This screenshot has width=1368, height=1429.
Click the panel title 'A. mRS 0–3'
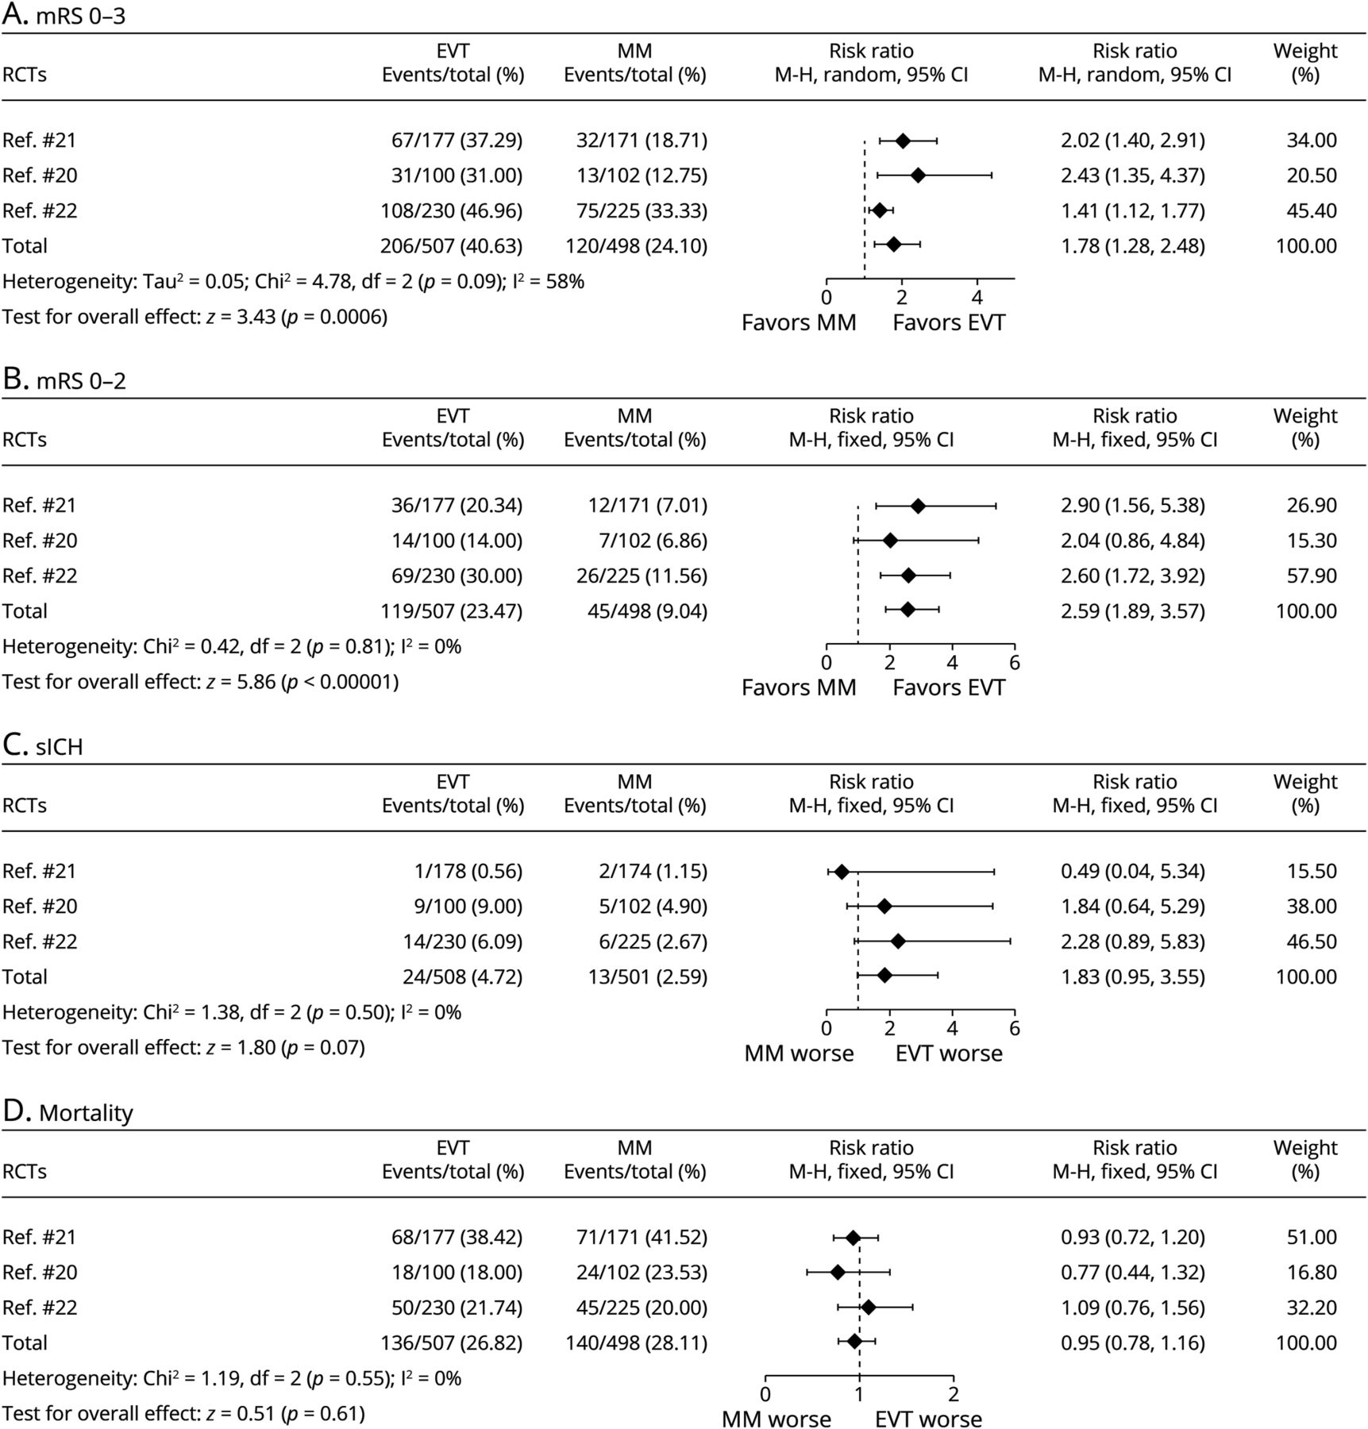(x=64, y=15)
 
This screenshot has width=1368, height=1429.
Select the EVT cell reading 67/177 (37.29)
(x=457, y=141)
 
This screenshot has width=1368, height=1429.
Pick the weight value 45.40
(x=1312, y=210)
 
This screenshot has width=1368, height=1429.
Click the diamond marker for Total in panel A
(x=893, y=245)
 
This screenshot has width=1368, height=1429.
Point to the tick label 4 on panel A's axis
(x=977, y=298)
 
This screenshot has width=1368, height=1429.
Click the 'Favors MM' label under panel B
(x=799, y=688)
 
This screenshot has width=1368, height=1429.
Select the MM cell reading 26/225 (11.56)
(x=642, y=576)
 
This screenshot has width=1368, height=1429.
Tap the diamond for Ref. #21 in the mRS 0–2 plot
(x=918, y=506)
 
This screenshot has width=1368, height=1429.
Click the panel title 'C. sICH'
(x=43, y=747)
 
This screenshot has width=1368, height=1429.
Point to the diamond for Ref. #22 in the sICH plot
(x=898, y=942)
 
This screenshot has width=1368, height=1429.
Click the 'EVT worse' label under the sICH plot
(x=949, y=1053)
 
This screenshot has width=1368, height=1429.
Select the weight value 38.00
(x=1312, y=907)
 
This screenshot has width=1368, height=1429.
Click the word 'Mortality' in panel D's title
(x=86, y=1113)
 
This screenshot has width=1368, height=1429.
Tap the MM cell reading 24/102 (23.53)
(x=642, y=1273)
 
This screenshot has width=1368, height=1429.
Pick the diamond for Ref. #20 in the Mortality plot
(x=838, y=1272)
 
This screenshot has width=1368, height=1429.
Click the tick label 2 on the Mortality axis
(x=954, y=1395)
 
